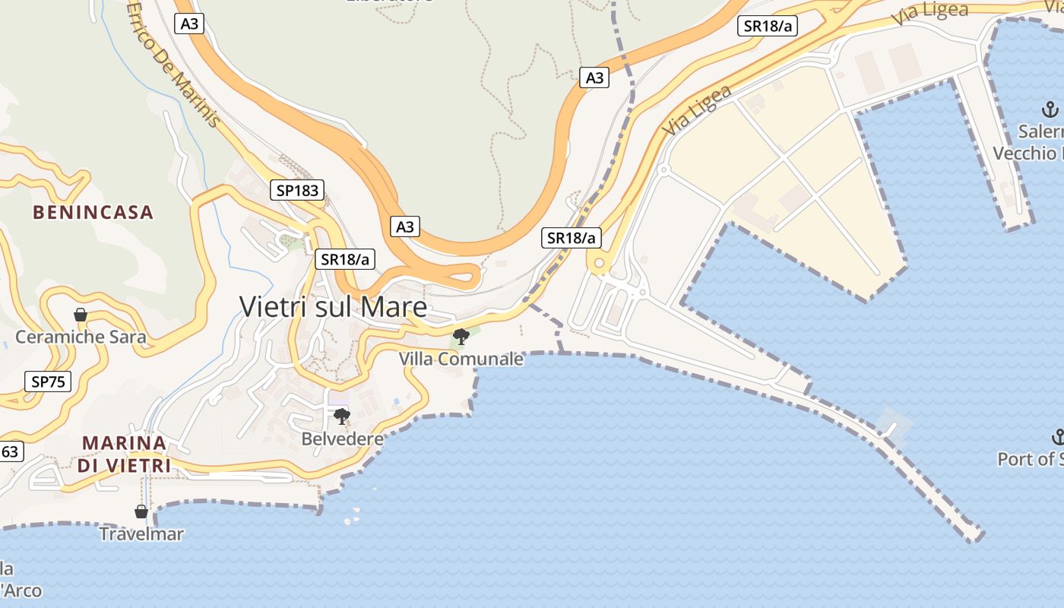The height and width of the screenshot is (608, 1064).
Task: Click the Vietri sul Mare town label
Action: pos(333,306)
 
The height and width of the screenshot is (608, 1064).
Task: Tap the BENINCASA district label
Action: pos(93,212)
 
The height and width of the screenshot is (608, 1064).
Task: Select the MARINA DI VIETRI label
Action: pos(124,454)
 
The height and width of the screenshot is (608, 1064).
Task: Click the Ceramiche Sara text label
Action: pos(81,336)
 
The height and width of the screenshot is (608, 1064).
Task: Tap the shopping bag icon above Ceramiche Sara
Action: pos(80,314)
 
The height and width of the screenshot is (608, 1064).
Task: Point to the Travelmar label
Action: pos(141,534)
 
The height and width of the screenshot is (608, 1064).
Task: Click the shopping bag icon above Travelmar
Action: pos(141,511)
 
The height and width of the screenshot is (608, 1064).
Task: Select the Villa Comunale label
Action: pos(461,358)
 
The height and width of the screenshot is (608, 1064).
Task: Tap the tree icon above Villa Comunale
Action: pos(461,336)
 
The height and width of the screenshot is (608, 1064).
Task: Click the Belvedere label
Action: pos(342,439)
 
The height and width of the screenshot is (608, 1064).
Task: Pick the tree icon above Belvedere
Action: pos(342,416)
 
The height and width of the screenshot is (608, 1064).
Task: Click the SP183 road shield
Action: pos(297,190)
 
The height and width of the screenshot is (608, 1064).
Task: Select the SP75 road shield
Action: pos(48,382)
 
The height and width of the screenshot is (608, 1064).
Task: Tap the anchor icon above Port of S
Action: pos(1057,437)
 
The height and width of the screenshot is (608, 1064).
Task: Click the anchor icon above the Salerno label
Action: pos(1050,109)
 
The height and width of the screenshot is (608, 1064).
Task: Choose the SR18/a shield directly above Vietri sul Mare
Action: pos(345,259)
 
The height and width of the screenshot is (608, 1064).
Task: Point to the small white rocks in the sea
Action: pos(352,518)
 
